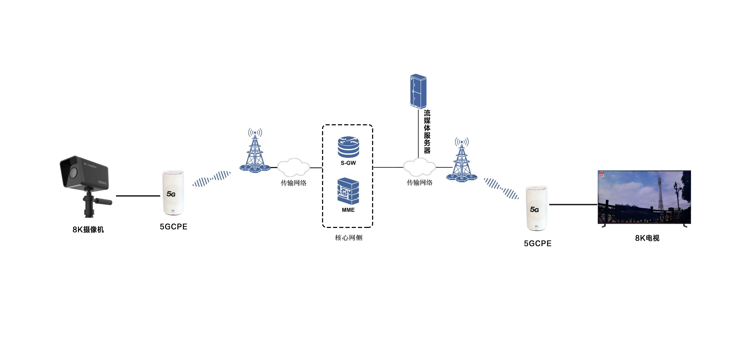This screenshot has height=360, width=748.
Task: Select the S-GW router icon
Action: [x=348, y=147]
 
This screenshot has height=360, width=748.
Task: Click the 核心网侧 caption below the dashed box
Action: [x=348, y=238]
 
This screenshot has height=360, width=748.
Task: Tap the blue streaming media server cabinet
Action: [x=418, y=91]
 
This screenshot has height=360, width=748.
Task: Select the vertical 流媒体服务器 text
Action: [x=427, y=132]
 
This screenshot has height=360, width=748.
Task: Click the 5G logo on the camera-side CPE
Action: [x=171, y=194]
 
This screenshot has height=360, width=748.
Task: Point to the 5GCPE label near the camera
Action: [x=174, y=227]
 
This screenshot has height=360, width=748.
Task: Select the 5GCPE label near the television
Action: [x=537, y=244]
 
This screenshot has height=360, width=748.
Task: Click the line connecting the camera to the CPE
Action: [x=138, y=196]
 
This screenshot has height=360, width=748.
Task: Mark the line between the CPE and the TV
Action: [x=573, y=204]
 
